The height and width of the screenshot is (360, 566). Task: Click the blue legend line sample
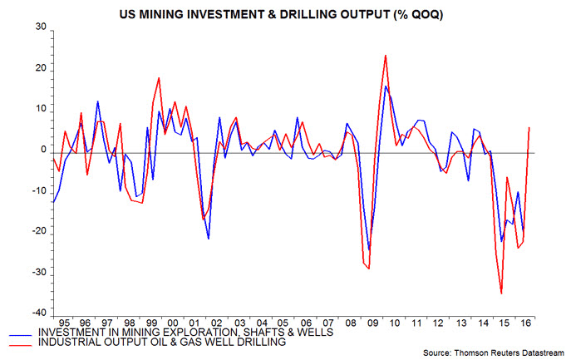click(30, 332)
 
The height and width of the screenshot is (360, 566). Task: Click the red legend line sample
click(30, 342)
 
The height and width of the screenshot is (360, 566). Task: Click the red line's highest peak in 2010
click(386, 56)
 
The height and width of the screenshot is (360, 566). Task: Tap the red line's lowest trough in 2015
click(501, 293)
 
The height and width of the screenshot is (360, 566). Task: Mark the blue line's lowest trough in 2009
click(369, 249)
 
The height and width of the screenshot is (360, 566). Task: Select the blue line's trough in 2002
click(208, 239)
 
